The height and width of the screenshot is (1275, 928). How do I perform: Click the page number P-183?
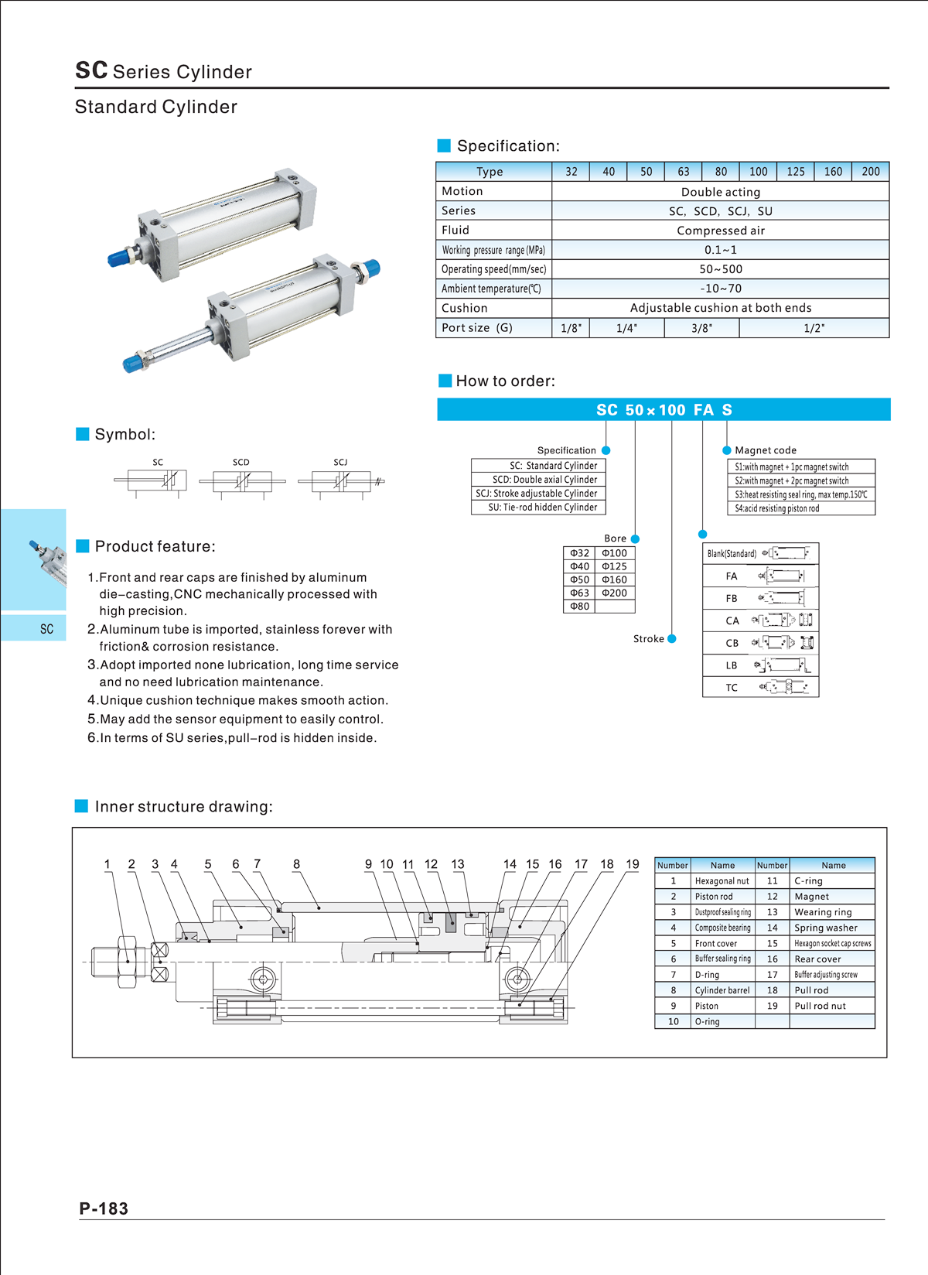[104, 1208]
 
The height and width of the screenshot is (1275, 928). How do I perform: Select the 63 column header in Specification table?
[684, 172]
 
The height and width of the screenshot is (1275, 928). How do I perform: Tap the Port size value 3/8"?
[701, 328]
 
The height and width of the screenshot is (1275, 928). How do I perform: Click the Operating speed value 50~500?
[720, 269]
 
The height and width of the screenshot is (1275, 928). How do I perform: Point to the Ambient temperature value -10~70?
[720, 289]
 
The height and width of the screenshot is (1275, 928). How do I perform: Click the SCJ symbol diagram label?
[340, 462]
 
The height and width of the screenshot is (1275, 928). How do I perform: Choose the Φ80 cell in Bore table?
[579, 607]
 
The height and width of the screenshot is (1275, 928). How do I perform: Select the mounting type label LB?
[732, 665]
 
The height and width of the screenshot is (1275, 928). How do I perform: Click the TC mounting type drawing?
[784, 687]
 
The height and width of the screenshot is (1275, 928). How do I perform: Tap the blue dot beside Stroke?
[672, 638]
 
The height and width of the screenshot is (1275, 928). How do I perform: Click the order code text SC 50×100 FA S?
[664, 410]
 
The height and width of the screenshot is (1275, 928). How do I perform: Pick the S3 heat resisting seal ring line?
[800, 494]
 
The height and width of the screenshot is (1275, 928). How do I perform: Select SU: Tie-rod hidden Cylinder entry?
[542, 508]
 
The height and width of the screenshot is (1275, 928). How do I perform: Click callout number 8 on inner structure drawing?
[296, 864]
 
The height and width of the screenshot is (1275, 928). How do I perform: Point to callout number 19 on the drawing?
[633, 864]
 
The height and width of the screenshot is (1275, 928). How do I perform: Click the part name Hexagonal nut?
[722, 881]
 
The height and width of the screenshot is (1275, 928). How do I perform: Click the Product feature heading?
[155, 546]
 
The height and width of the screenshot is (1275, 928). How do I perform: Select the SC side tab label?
[46, 629]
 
